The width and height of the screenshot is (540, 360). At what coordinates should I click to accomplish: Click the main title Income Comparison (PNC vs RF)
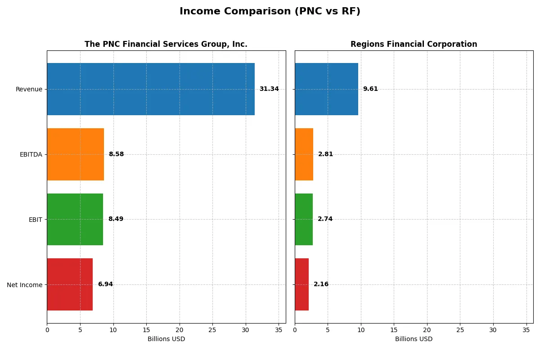coord(270,12)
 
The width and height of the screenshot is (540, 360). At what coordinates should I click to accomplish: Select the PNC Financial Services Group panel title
coord(166,44)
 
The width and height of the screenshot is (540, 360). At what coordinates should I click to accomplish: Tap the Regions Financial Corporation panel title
coord(414,44)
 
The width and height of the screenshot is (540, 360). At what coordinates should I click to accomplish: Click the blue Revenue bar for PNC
coord(151,89)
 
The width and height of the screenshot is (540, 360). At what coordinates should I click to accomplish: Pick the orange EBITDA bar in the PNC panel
coord(75,154)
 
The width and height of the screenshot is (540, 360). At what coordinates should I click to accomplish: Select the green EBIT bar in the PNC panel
coord(75,219)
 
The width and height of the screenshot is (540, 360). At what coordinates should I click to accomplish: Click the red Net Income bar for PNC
coord(70,284)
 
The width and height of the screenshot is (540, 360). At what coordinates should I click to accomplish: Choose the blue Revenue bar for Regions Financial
coord(326,89)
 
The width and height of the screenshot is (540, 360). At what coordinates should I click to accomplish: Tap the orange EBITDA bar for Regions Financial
coord(304,154)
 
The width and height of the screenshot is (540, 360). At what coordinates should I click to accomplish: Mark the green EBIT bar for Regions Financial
coord(304,219)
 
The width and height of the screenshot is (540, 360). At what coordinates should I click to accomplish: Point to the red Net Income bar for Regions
coord(301,284)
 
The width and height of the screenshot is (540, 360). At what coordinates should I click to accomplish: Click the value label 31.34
coord(269,89)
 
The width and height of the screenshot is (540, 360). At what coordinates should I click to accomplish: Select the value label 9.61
coord(370,89)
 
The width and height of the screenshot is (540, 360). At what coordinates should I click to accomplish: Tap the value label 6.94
coord(105,284)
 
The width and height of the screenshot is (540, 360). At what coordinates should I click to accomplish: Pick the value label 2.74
coord(325,219)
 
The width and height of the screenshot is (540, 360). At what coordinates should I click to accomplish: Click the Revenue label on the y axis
coord(29,89)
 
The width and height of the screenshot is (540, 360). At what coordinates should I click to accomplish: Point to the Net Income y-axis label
coord(25,285)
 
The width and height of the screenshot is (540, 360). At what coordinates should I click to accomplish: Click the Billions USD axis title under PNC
coord(166,339)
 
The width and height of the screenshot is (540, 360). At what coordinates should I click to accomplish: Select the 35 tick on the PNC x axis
coord(279,330)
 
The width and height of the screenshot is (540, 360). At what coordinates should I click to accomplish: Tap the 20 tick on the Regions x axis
coord(427,330)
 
